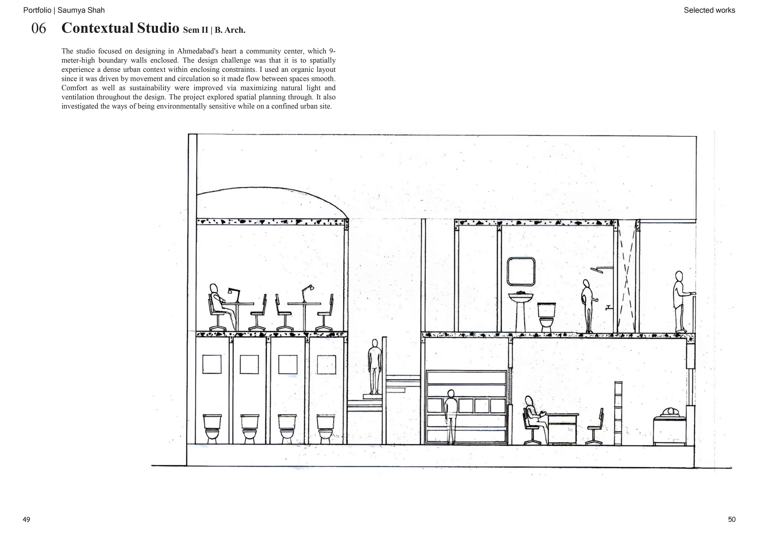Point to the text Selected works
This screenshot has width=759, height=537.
point(709,10)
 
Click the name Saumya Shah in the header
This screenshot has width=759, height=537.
point(81,10)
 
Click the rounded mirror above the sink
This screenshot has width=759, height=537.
point(521,272)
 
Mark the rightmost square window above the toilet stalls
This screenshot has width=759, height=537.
point(326,365)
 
